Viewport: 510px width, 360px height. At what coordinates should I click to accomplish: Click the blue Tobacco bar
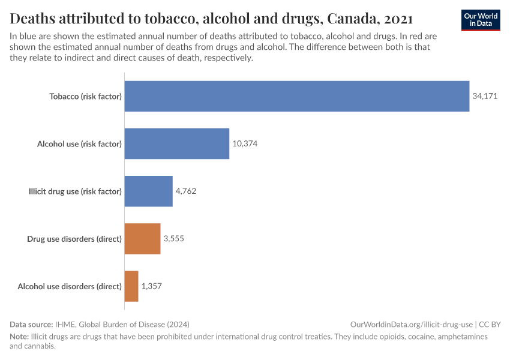click(296, 96)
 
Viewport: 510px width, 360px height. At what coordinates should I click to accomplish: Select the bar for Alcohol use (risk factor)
click(176, 143)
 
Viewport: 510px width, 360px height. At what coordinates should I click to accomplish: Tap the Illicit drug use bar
click(148, 191)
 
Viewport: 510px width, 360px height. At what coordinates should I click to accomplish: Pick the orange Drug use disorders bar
click(142, 239)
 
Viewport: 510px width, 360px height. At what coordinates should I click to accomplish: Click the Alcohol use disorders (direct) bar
click(131, 286)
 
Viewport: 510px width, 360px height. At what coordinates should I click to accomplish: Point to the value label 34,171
click(485, 96)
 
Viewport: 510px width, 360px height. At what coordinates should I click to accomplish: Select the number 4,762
click(186, 191)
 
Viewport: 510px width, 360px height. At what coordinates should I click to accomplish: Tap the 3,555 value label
click(173, 239)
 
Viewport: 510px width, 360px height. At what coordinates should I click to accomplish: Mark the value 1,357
click(152, 286)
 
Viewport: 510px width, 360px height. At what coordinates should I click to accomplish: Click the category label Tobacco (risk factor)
click(85, 96)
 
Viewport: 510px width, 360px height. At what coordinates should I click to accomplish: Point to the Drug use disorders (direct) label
click(74, 239)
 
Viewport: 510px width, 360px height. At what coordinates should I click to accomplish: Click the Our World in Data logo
click(481, 20)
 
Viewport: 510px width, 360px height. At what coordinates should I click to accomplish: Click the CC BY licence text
click(490, 324)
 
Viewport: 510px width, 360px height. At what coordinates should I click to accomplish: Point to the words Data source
click(31, 324)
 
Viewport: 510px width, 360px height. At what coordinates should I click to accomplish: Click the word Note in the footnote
click(19, 337)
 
